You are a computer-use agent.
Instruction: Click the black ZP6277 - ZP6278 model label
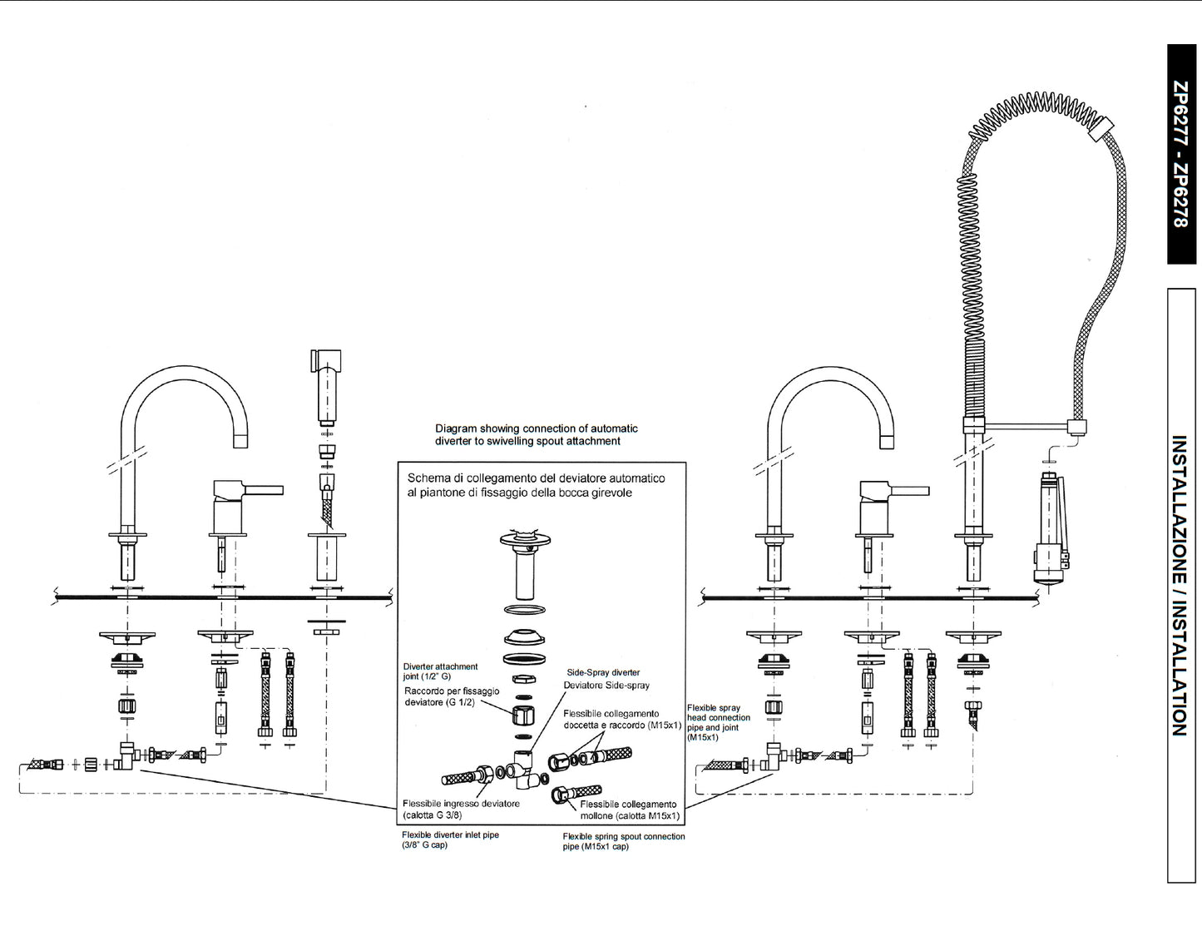pos(1181,154)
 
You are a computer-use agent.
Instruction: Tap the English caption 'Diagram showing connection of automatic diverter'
pos(536,434)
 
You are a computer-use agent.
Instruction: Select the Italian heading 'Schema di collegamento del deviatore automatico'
pos(536,485)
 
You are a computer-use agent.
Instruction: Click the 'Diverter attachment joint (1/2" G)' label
pos(440,671)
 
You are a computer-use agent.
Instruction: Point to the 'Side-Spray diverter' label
pos(603,672)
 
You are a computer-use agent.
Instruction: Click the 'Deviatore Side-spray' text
pos(606,686)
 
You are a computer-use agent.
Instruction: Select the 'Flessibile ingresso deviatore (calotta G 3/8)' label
pos(461,809)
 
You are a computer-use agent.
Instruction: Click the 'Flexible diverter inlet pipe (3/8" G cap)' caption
pos(450,839)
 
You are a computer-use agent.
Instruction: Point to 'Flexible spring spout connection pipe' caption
pos(623,841)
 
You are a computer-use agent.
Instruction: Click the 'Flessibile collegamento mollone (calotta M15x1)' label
pos(629,810)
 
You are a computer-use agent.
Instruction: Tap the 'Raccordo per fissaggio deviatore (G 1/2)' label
pos(452,696)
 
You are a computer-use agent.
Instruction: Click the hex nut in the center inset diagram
pos(523,715)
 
